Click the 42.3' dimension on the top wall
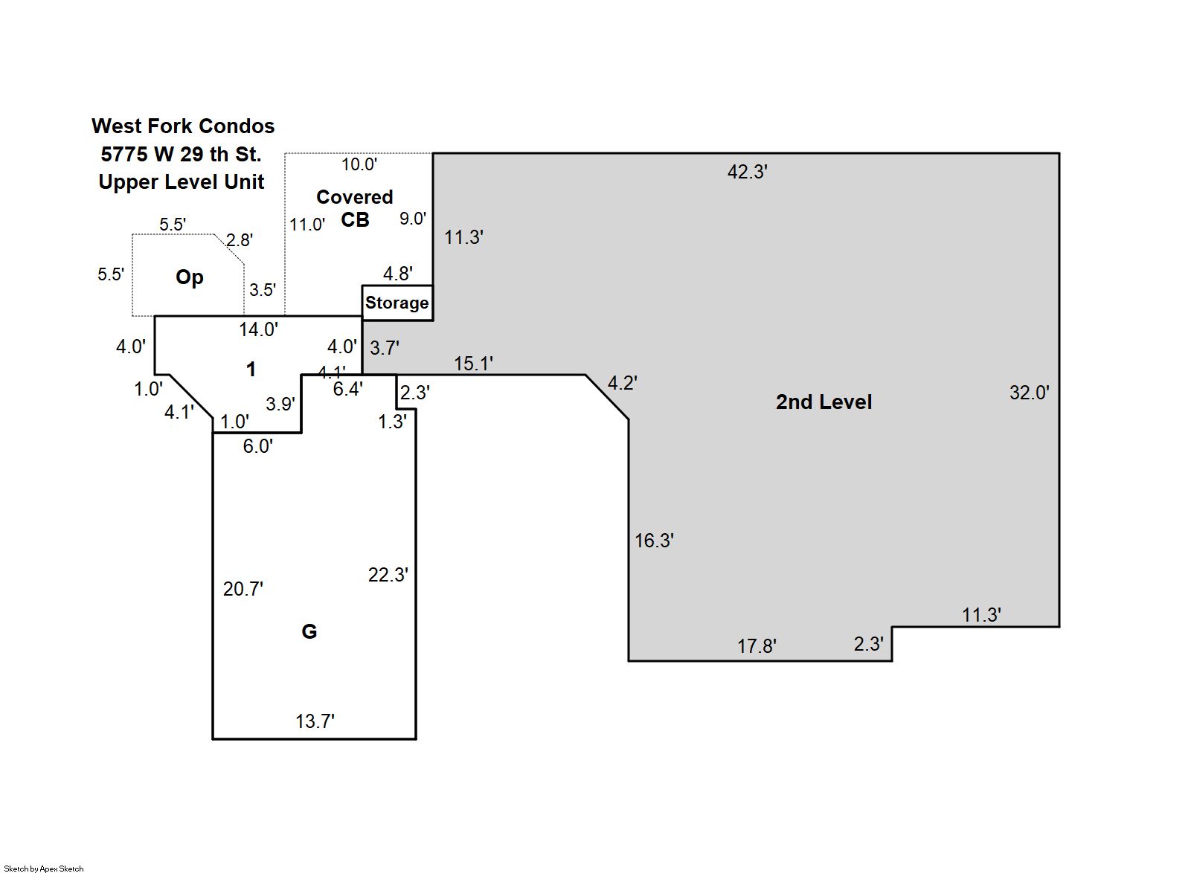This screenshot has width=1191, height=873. click(747, 172)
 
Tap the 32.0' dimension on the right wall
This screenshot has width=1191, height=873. click(1029, 393)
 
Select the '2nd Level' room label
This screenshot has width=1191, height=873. click(824, 402)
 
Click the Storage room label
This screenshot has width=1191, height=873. click(397, 303)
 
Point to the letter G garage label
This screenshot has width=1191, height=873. click(309, 631)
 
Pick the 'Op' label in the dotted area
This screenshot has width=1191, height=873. click(189, 277)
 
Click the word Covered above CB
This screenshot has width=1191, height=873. click(354, 197)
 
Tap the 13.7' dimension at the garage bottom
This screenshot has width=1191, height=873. click(315, 721)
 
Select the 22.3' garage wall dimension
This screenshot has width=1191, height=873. click(388, 575)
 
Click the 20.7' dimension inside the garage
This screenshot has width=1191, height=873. click(243, 589)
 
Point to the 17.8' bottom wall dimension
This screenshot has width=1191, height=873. click(757, 646)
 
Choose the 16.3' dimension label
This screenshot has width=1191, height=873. click(654, 541)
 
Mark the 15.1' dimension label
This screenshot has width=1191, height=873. click(473, 364)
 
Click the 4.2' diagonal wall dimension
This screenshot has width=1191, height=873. click(622, 383)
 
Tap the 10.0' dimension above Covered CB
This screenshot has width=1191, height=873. click(359, 164)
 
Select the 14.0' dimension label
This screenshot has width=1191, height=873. click(258, 329)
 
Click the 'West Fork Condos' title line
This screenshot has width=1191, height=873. click(183, 126)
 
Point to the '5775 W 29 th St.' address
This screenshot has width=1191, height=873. click(181, 155)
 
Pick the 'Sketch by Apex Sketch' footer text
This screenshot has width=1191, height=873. click(44, 868)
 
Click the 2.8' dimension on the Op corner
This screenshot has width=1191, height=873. click(239, 240)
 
